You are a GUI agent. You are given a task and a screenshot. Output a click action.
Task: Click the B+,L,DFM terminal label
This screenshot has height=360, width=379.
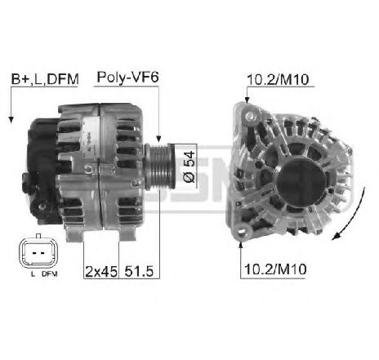(x=45, y=79)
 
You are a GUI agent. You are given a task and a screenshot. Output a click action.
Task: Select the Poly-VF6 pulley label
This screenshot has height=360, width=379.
(x=127, y=78)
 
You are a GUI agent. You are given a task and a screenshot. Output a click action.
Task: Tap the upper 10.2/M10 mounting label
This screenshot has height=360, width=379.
(x=278, y=80)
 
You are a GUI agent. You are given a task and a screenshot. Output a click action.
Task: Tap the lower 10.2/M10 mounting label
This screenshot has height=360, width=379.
(x=275, y=269)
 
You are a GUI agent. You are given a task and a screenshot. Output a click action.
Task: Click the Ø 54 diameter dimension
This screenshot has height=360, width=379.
(x=189, y=167)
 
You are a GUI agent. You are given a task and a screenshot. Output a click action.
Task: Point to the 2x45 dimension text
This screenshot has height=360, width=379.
(x=101, y=271)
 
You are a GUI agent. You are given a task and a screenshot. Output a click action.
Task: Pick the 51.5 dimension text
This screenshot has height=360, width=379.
(x=139, y=271)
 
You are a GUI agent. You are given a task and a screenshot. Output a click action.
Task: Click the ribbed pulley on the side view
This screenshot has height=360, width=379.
(x=158, y=167)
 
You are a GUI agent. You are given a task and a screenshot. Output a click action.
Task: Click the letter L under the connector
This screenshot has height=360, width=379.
(x=33, y=274)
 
